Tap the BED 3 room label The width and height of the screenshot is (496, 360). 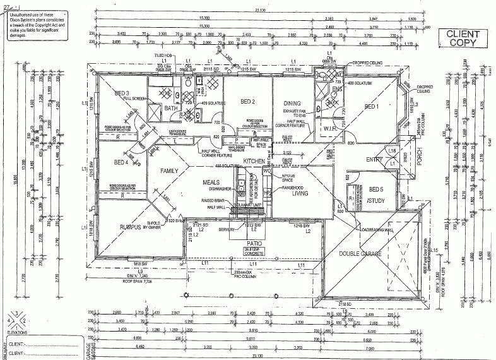(x=122, y=93)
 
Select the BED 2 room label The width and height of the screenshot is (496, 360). (x=247, y=102)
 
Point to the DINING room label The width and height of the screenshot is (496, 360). (x=292, y=103)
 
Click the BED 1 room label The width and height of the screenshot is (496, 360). (x=372, y=106)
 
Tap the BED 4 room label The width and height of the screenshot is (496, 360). (x=122, y=163)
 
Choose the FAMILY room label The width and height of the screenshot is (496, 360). (x=171, y=171)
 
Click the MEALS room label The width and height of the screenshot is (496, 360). (x=210, y=182)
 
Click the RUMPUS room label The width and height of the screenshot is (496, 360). (x=133, y=227)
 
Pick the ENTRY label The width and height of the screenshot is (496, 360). (x=374, y=159)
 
